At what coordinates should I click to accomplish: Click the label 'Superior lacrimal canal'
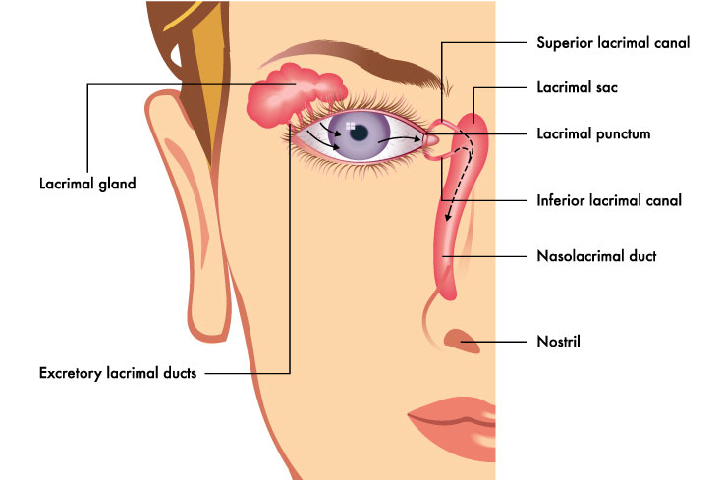[613, 43]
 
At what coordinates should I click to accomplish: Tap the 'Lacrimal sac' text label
[577, 87]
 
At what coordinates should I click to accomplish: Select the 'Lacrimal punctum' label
[594, 134]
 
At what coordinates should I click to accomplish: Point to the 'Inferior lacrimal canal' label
[609, 200]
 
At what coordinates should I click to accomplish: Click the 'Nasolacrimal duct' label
[596, 256]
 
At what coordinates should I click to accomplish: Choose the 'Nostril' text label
[558, 342]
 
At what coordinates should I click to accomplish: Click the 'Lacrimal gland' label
[87, 184]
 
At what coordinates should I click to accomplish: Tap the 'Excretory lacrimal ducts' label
[118, 373]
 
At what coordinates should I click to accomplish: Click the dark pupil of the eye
[359, 133]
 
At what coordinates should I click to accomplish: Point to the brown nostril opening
[461, 341]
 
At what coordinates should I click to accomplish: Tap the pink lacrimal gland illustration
[294, 94]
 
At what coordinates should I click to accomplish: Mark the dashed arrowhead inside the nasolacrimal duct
[447, 217]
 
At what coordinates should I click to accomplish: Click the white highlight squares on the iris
[351, 127]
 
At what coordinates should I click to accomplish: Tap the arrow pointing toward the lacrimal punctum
[399, 138]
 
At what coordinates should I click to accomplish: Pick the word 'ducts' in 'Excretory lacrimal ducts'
[181, 373]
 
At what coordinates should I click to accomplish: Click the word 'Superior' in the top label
[565, 44]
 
